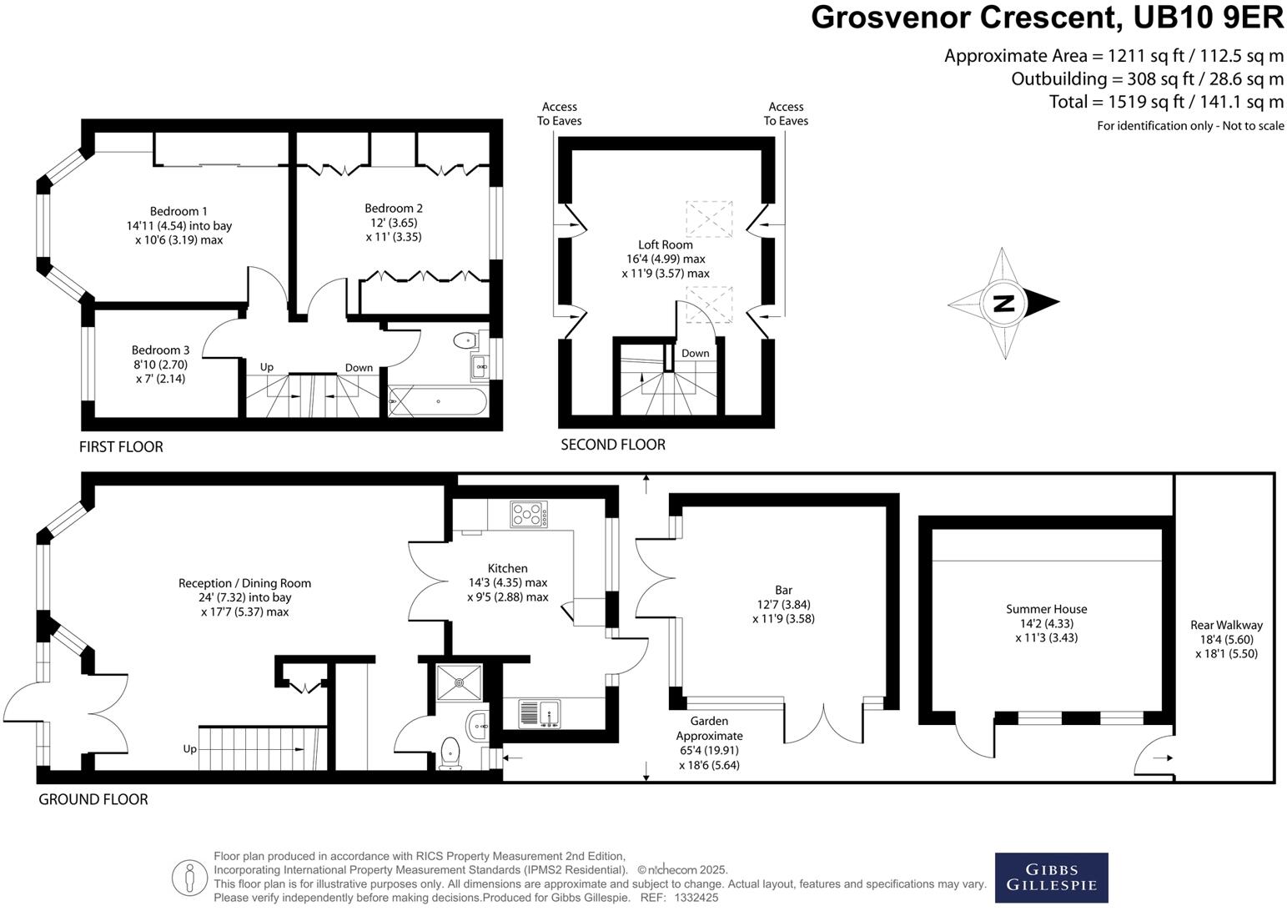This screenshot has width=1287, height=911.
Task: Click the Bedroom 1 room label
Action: tap(178, 212)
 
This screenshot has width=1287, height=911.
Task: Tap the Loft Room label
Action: tap(666, 244)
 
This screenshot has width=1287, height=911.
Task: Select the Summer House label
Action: tap(1046, 609)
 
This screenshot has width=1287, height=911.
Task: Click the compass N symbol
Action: tap(1004, 303)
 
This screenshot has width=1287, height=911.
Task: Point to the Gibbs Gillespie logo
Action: tap(1051, 878)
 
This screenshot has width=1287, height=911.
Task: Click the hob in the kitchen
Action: tap(529, 513)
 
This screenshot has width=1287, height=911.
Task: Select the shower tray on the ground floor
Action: tap(459, 682)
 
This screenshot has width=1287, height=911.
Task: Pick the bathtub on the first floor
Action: tap(437, 402)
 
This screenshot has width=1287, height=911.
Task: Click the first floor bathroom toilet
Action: tap(463, 340)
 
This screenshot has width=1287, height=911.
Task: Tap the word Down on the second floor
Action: tap(695, 353)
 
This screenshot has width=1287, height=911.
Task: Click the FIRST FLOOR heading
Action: tap(121, 447)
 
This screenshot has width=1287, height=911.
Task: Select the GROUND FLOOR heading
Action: tap(93, 799)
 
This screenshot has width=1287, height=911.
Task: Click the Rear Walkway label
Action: tap(1226, 625)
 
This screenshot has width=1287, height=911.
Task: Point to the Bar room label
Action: tap(783, 590)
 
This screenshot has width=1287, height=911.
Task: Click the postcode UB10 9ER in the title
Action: tap(1204, 18)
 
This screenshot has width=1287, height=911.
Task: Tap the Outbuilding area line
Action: tap(1147, 79)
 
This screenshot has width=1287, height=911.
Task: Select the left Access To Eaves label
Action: tap(559, 113)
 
